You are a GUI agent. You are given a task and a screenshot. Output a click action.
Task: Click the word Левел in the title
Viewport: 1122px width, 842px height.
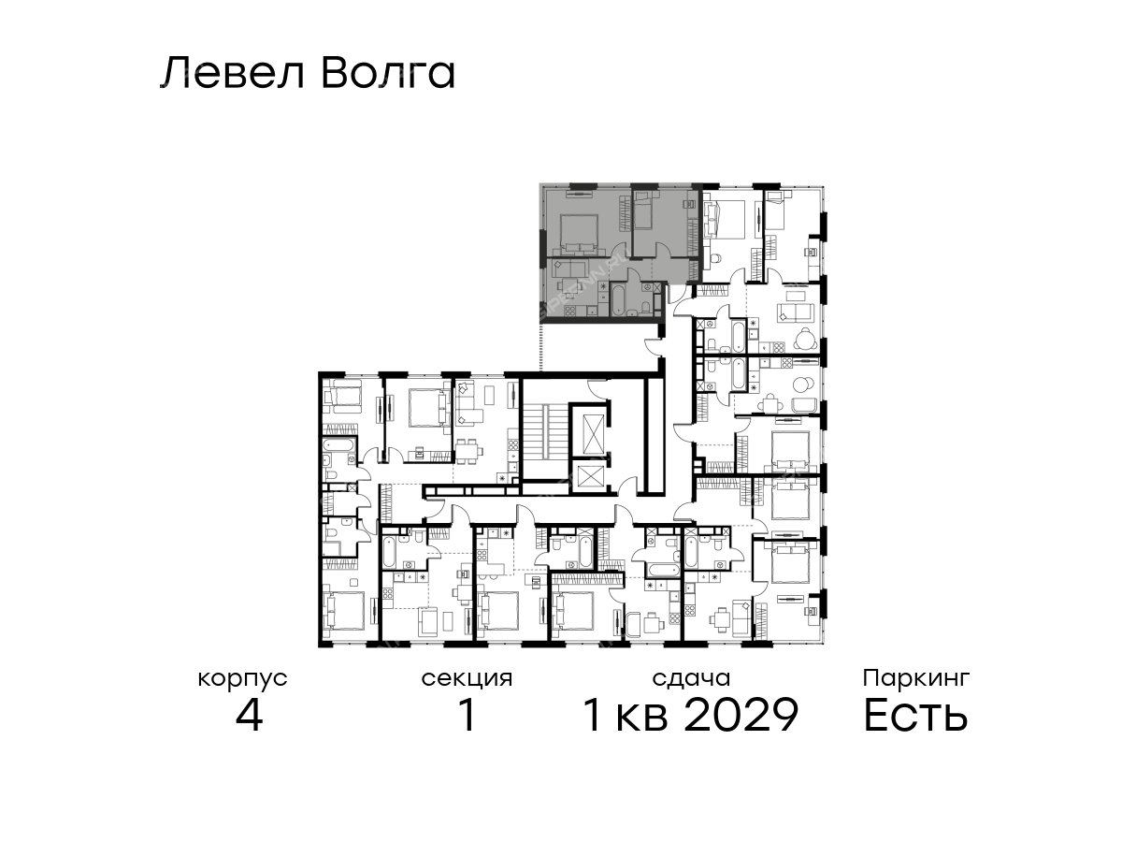(x=233, y=74)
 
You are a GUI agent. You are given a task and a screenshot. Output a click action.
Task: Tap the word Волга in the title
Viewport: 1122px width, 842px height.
(x=388, y=74)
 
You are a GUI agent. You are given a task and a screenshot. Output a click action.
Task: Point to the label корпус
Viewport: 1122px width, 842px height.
(x=243, y=679)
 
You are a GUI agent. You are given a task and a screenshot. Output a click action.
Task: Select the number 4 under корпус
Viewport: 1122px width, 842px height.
(x=250, y=715)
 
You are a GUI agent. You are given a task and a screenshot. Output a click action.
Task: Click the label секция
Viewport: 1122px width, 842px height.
(x=467, y=679)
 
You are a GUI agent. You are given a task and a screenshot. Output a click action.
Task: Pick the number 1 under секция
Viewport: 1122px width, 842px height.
(x=467, y=715)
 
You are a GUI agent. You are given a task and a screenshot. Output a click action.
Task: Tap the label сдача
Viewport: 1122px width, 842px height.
(x=691, y=678)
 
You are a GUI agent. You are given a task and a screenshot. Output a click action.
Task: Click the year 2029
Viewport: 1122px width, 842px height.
(x=741, y=715)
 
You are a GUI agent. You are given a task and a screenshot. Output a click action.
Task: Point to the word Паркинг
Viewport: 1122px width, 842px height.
(x=916, y=678)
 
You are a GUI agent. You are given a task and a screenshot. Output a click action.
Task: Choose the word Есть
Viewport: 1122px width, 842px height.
(x=915, y=715)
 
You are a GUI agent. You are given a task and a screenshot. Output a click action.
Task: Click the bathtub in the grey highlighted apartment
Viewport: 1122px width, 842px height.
(x=616, y=300)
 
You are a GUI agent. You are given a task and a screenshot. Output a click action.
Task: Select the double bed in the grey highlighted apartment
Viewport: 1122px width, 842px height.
(x=579, y=234)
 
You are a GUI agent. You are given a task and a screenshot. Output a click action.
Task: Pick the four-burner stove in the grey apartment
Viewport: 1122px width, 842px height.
(x=569, y=310)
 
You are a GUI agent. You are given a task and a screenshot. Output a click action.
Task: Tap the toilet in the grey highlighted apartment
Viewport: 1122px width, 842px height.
(x=646, y=307)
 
